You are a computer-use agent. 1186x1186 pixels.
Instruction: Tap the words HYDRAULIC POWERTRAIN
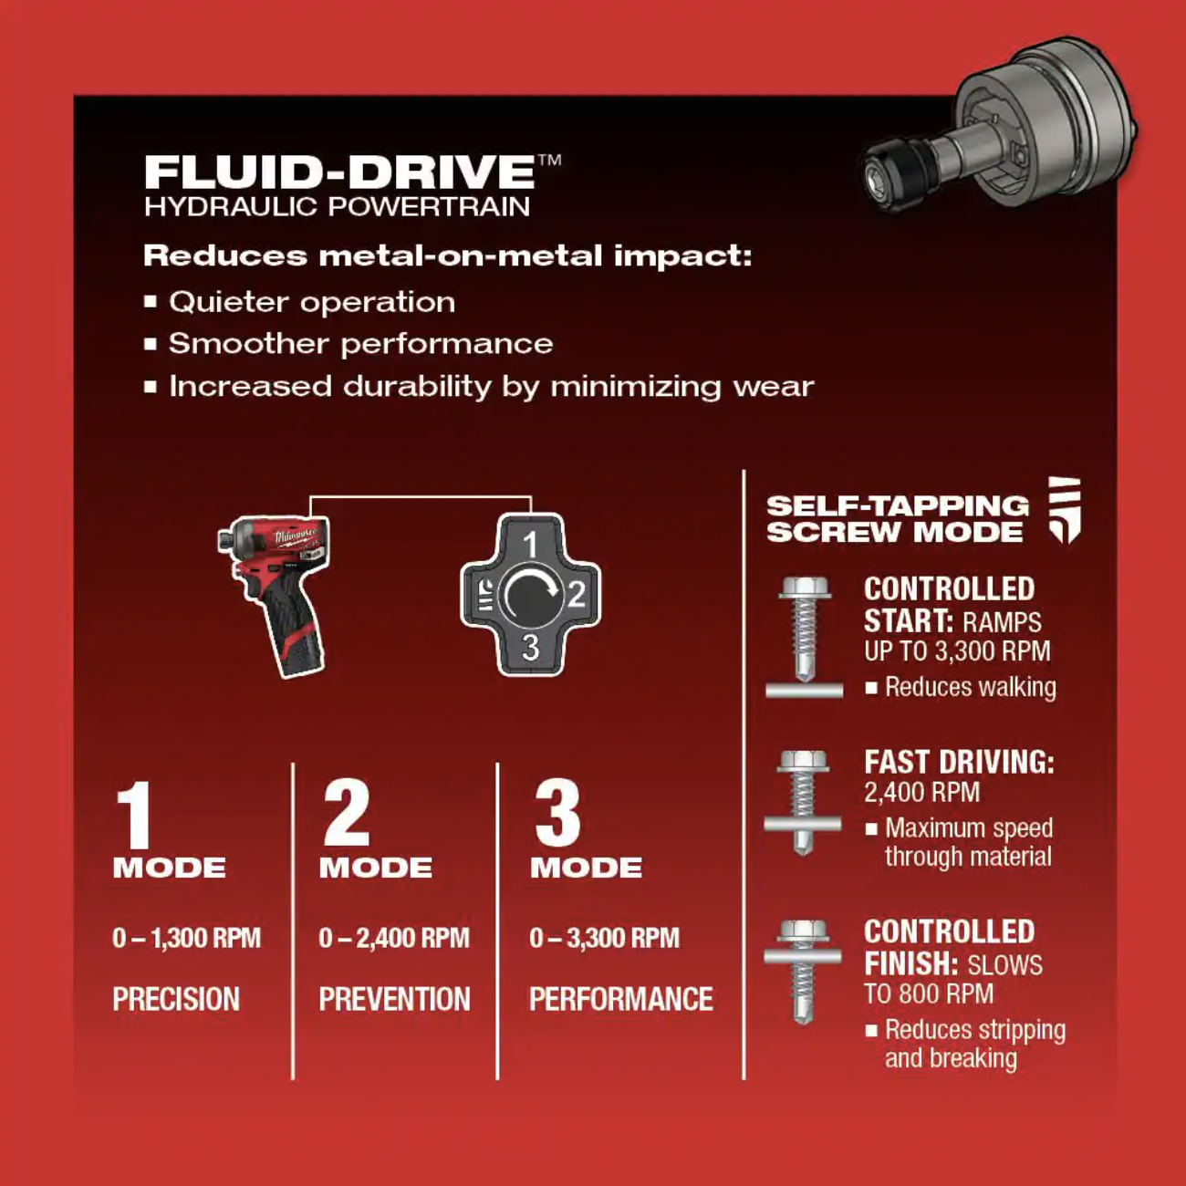(x=337, y=207)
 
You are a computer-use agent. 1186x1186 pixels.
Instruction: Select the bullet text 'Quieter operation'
(x=312, y=302)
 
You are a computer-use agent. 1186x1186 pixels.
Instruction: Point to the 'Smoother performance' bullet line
(x=360, y=343)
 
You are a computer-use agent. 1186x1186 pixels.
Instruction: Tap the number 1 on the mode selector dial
(x=531, y=544)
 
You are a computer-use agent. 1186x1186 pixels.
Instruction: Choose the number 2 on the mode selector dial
(x=576, y=595)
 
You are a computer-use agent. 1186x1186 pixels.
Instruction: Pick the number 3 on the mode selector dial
(x=531, y=647)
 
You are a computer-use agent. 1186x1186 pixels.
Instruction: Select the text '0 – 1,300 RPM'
(x=186, y=938)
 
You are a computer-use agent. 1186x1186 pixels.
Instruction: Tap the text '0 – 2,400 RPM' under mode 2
(x=394, y=938)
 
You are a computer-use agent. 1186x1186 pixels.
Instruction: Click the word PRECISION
(x=176, y=998)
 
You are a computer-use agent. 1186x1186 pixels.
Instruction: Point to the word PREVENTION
(x=394, y=998)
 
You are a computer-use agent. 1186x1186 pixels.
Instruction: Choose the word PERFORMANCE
(x=621, y=998)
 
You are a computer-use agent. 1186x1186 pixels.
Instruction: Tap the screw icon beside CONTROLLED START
(x=804, y=638)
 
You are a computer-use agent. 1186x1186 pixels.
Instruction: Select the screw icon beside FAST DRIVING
(x=803, y=803)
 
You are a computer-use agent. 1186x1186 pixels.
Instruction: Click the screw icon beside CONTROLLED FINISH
(x=803, y=973)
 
